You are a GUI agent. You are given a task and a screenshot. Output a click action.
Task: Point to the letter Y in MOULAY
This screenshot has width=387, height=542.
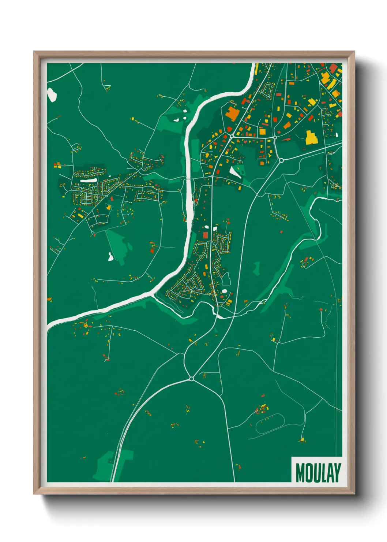tap(337, 473)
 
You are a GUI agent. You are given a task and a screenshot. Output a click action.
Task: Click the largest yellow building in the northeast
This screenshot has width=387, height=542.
tap(311, 137)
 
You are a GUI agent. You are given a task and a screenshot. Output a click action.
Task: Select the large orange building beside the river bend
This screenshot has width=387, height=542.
tap(232, 114)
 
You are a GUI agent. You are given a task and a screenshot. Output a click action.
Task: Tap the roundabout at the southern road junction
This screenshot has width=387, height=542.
tap(191, 379)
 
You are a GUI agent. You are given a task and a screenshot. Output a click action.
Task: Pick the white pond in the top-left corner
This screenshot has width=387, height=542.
tap(52, 94)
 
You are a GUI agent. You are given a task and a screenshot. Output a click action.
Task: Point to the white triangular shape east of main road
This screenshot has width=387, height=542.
tap(234, 172)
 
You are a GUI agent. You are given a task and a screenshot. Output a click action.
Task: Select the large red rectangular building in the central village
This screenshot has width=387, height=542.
tap(205, 235)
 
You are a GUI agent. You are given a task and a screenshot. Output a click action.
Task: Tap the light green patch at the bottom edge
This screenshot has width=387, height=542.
tap(110, 465)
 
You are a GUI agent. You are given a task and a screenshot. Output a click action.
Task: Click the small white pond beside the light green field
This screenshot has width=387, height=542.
tap(110, 257)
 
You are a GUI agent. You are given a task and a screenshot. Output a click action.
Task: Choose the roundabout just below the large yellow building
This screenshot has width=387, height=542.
tap(281, 160)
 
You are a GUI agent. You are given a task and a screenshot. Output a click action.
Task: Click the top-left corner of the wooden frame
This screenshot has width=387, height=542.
tap(34, 52)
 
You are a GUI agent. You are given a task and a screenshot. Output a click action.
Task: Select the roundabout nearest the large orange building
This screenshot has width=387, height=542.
tap(232, 136)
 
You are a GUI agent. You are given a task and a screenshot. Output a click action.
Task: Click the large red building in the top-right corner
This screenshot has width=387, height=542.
tap(333, 68)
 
